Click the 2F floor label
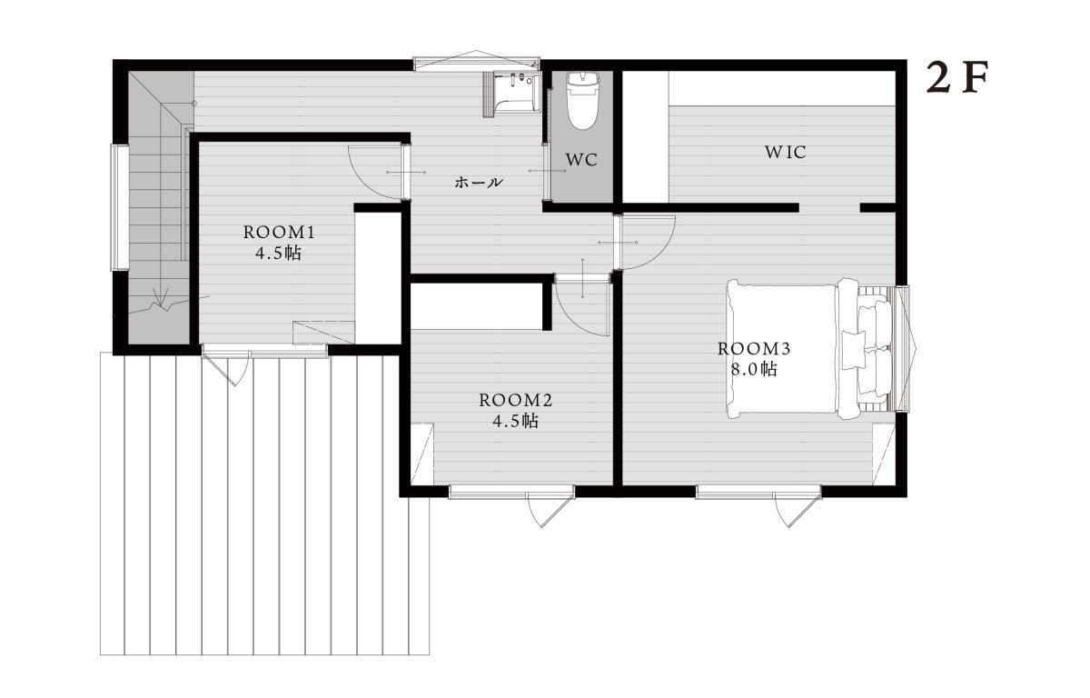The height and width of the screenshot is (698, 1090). click(x=957, y=84)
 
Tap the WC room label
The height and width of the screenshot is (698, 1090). click(x=581, y=160)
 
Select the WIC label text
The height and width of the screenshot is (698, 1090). click(x=786, y=153)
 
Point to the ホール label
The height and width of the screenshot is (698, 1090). click(x=479, y=183)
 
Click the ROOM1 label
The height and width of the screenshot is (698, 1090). click(x=280, y=233)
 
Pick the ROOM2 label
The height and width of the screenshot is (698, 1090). click(x=516, y=401)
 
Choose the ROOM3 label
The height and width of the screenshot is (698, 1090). click(x=754, y=349)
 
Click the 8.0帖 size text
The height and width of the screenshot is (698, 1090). click(x=754, y=370)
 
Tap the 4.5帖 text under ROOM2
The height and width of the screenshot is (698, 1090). click(x=516, y=422)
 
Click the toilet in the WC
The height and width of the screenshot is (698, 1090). click(x=581, y=101)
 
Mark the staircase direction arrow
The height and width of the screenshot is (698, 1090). click(x=161, y=298)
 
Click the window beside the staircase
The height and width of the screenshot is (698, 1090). click(x=120, y=207)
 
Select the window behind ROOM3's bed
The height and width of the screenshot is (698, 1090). click(x=903, y=349)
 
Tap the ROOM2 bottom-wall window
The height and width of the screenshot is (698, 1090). click(x=511, y=492)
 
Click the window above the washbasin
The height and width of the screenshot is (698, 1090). click(x=477, y=65)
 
